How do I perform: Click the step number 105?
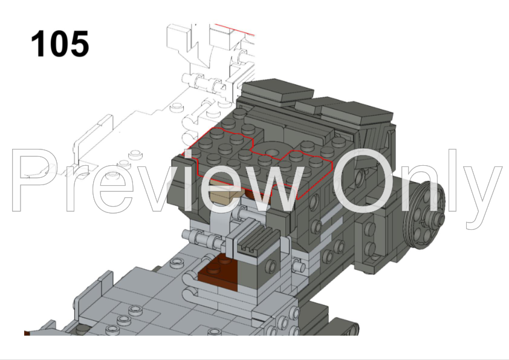click(x=59, y=44)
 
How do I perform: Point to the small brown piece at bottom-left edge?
click(x=27, y=333)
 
